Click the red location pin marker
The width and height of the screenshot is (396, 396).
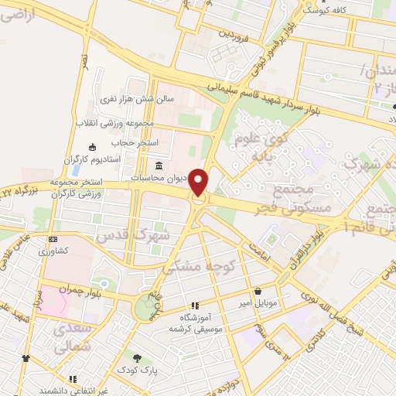199,183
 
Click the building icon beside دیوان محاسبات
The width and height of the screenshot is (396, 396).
159,166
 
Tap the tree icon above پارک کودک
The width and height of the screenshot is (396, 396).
138,359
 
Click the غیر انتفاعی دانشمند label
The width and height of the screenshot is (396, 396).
76,391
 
